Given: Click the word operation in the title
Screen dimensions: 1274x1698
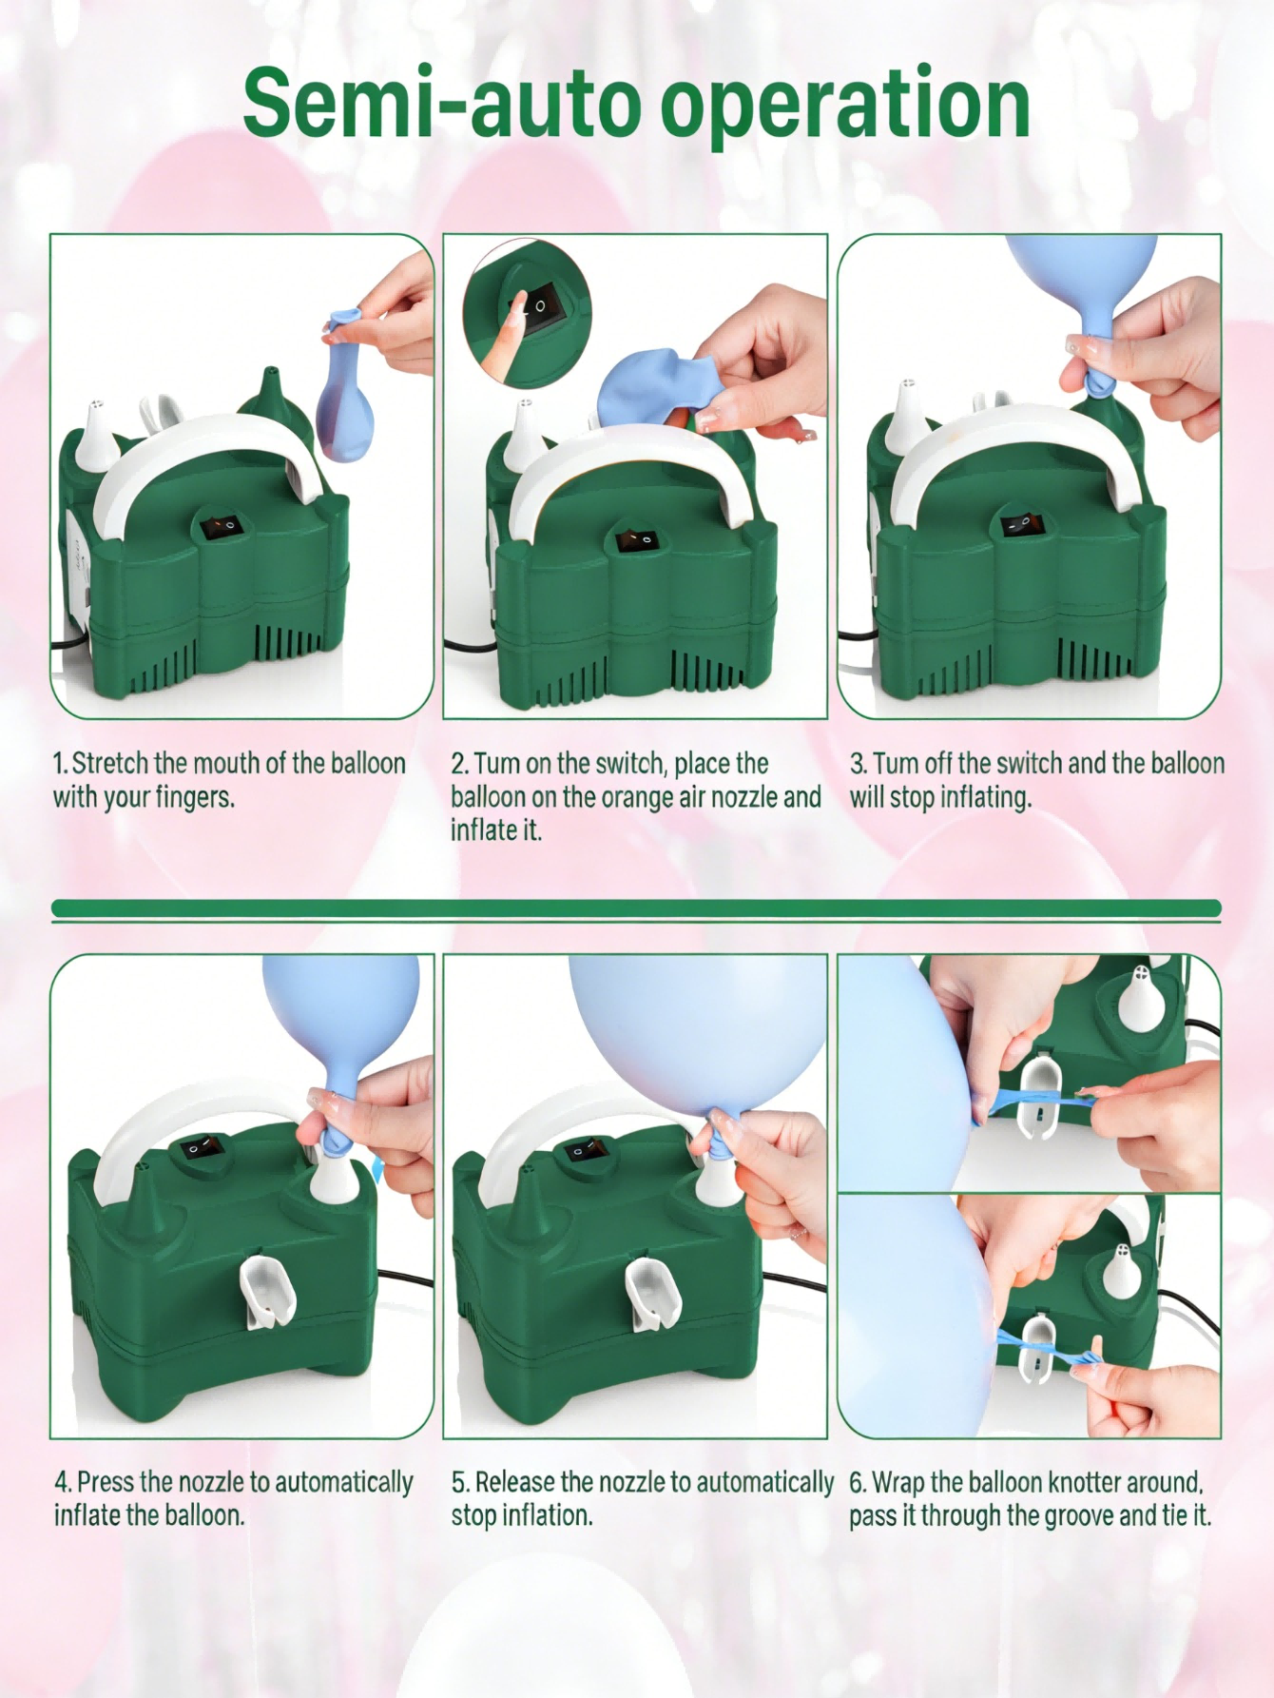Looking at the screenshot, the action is click(845, 107).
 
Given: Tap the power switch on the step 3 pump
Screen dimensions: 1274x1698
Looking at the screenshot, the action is click(1020, 523).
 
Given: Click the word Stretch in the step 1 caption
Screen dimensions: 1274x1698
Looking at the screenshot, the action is click(110, 763).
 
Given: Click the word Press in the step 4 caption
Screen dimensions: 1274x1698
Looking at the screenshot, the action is click(106, 1482).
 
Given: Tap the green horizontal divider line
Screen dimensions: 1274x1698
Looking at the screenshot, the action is click(636, 908).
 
